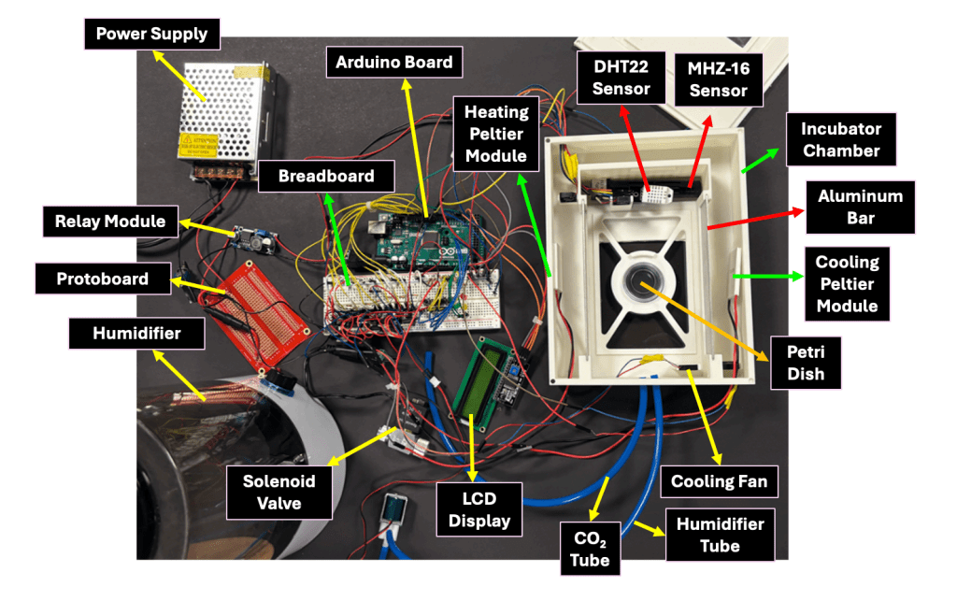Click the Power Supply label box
pos(152,35)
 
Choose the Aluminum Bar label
pos(860,208)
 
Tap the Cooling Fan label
pos(719,482)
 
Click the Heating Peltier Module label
pos(496,133)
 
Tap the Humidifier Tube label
pos(720,535)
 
